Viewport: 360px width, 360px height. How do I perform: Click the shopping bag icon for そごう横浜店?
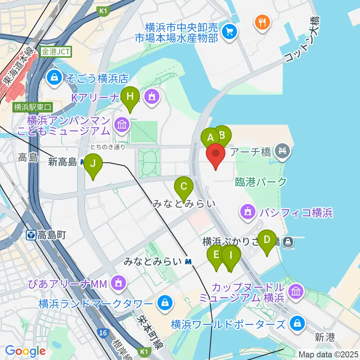coord(55,78)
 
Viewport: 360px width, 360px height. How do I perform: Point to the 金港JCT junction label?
coord(56,52)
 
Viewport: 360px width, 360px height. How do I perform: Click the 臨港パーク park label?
coord(261,182)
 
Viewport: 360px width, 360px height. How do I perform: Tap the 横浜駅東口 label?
coord(33,107)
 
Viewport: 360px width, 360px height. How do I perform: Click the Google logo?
coord(25,351)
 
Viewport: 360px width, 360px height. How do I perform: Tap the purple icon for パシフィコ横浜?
coord(247,212)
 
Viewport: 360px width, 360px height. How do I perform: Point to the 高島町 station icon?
coord(31,235)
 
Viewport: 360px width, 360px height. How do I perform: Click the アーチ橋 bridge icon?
coord(281,151)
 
